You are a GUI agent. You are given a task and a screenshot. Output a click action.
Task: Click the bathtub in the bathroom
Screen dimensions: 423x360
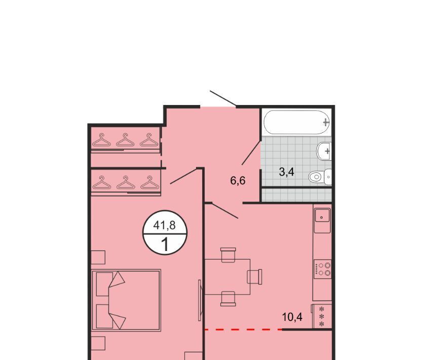tap(297, 122)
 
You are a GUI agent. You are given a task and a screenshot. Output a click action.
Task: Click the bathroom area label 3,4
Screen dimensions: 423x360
tap(287, 172)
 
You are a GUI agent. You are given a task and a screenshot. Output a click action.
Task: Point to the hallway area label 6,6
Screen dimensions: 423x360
tap(238, 181)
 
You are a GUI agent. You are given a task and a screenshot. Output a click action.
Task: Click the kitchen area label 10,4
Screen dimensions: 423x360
tap(292, 317)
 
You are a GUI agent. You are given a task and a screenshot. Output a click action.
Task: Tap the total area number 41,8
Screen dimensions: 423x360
tap(164, 225)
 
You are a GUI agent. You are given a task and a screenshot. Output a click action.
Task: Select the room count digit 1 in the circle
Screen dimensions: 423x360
tap(165, 244)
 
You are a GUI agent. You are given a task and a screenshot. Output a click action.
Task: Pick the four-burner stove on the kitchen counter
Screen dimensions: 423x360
tap(323, 269)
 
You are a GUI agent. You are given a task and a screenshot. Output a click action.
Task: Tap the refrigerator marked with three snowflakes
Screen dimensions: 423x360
tap(322, 316)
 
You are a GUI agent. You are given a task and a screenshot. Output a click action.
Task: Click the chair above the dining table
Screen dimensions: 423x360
tap(228, 255)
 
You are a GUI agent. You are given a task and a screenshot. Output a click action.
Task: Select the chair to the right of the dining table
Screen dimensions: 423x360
tap(255, 276)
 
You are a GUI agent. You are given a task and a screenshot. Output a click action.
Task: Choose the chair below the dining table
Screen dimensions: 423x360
tap(228, 299)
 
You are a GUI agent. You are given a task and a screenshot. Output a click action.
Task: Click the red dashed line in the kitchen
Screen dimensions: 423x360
tap(244, 330)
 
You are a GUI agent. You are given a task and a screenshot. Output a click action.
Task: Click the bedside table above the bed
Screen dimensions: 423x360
tap(98, 258)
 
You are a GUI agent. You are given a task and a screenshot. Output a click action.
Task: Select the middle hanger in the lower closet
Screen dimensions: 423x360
tap(126, 183)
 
